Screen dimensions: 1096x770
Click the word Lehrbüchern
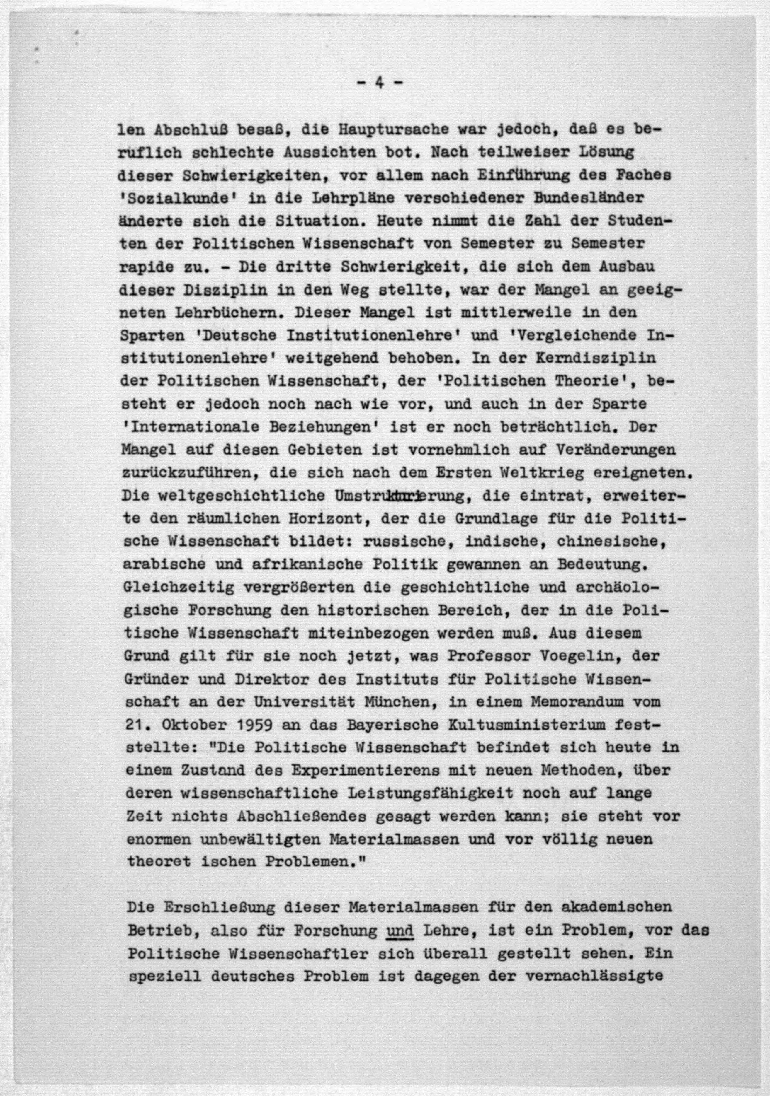tap(231, 313)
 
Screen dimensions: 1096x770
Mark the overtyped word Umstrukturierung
tap(400, 496)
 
